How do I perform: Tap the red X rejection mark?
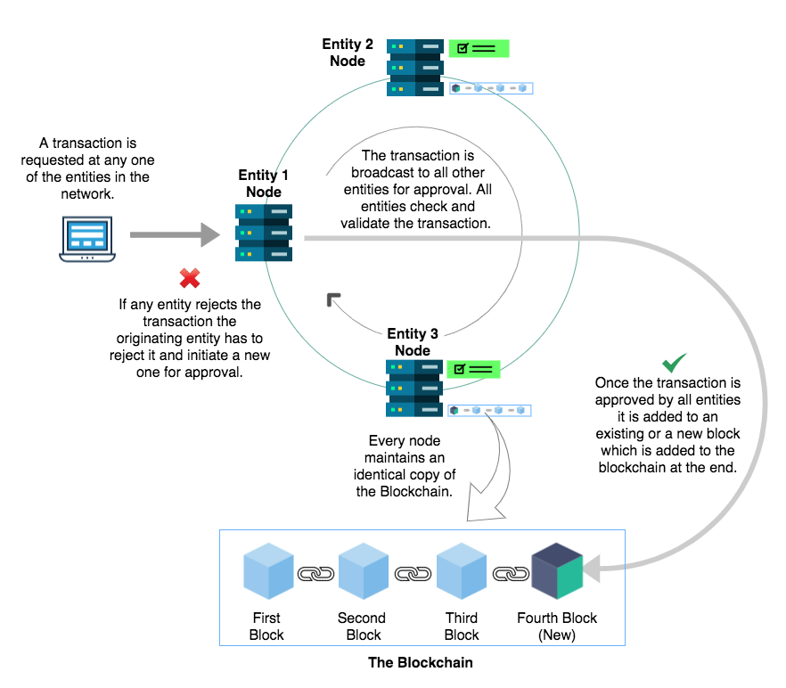190,278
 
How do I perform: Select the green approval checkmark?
674,363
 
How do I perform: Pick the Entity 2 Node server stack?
415,68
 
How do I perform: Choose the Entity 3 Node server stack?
414,388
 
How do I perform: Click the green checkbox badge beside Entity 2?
479,48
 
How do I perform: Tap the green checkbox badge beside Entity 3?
473,368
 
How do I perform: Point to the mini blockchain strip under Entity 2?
490,88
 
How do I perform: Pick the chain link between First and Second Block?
315,575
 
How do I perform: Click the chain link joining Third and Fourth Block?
510,575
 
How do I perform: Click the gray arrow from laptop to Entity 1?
175,235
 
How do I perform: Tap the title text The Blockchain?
421,663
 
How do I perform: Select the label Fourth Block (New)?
557,627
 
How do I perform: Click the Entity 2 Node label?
347,53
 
